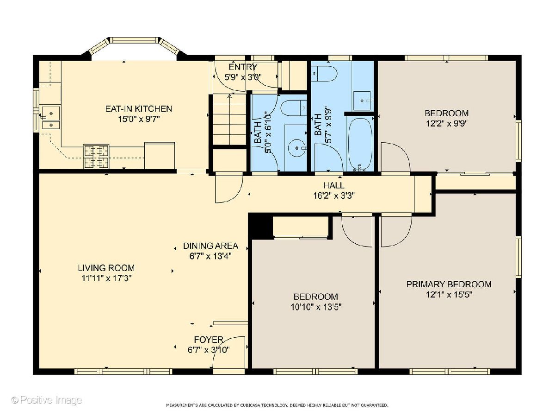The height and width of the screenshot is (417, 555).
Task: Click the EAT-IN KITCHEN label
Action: (139, 109)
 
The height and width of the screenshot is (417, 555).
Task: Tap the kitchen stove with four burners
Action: (96, 157)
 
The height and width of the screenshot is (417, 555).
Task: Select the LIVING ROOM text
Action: (106, 268)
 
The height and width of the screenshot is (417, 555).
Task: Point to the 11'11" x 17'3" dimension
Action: (106, 278)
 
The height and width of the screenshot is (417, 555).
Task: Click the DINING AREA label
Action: (210, 246)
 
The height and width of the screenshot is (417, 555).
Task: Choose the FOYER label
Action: (209, 340)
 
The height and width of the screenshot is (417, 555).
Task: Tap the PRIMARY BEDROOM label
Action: (449, 284)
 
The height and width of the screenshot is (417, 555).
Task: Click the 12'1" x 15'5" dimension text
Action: (449, 295)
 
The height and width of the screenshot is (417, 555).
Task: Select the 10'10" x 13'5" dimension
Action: (316, 307)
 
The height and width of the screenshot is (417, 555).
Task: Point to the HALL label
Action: (334, 185)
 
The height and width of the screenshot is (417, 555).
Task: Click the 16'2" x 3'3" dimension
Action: (334, 196)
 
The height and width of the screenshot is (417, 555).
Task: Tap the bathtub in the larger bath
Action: (360, 144)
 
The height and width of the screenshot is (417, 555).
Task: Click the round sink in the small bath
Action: (297, 148)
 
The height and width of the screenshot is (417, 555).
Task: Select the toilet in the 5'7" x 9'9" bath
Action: (324, 74)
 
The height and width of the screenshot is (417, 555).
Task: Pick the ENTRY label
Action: (243, 67)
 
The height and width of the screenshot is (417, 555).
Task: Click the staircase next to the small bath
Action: (229, 119)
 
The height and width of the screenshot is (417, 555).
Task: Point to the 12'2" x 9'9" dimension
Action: (446, 124)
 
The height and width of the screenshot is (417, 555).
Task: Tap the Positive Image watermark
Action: (47, 400)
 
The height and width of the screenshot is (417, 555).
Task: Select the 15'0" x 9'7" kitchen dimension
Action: (139, 120)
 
